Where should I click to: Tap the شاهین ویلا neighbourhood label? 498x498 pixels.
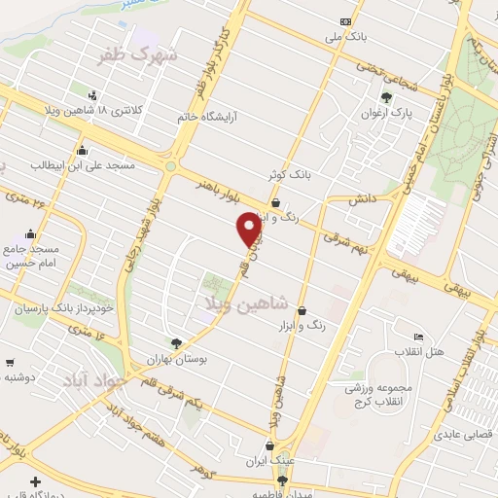click(x=242, y=303)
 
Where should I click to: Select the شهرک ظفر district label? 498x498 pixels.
click(x=139, y=55)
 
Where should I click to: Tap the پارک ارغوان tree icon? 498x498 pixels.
click(x=386, y=98)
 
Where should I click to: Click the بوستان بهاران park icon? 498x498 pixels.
click(x=177, y=342)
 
